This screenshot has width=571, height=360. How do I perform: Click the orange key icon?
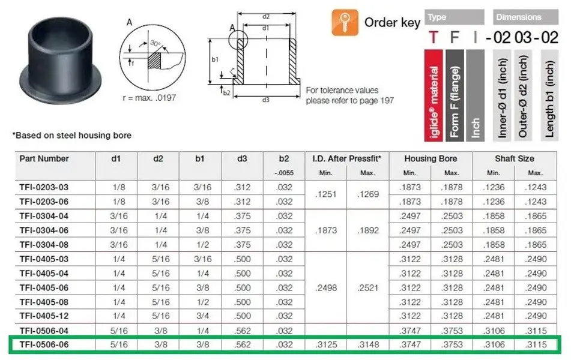coord(345,23)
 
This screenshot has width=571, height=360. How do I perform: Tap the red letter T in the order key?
coord(433,37)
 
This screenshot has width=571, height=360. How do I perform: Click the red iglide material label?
coord(434,95)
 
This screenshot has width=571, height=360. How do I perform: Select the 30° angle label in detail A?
coord(156,43)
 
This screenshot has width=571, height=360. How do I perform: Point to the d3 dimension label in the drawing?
coord(266,100)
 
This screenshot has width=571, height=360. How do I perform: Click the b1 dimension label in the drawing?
coord(215,59)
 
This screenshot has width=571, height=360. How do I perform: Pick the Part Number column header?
coord(44,159)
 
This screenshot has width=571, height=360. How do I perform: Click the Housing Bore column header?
coord(431,159)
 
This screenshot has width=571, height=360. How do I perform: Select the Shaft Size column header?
coord(514,159)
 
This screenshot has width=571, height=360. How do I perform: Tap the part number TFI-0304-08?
coord(44,245)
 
